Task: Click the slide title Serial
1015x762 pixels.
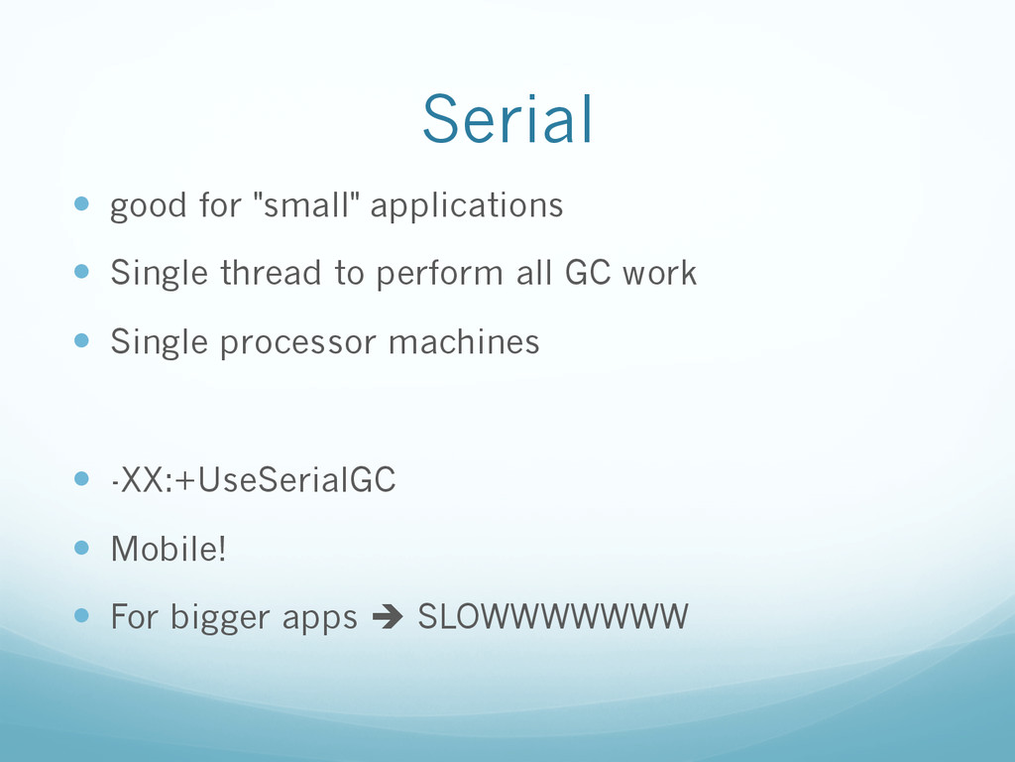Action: pos(507,119)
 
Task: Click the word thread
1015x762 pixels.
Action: pos(271,272)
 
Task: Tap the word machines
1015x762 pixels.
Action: pos(464,341)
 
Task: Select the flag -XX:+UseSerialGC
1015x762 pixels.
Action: pos(253,480)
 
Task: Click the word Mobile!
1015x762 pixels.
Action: pos(169,549)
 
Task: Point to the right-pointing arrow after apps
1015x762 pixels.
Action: pos(388,617)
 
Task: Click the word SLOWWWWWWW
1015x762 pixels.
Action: pos(553,617)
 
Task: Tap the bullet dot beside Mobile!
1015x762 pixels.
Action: pos(81,548)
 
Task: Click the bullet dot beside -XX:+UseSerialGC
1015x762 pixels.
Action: pos(81,479)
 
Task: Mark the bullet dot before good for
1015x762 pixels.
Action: pos(81,204)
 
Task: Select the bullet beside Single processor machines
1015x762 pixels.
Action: pos(81,340)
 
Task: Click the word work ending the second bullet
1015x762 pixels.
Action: pos(659,272)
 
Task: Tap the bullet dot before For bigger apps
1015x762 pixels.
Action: pos(81,615)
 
